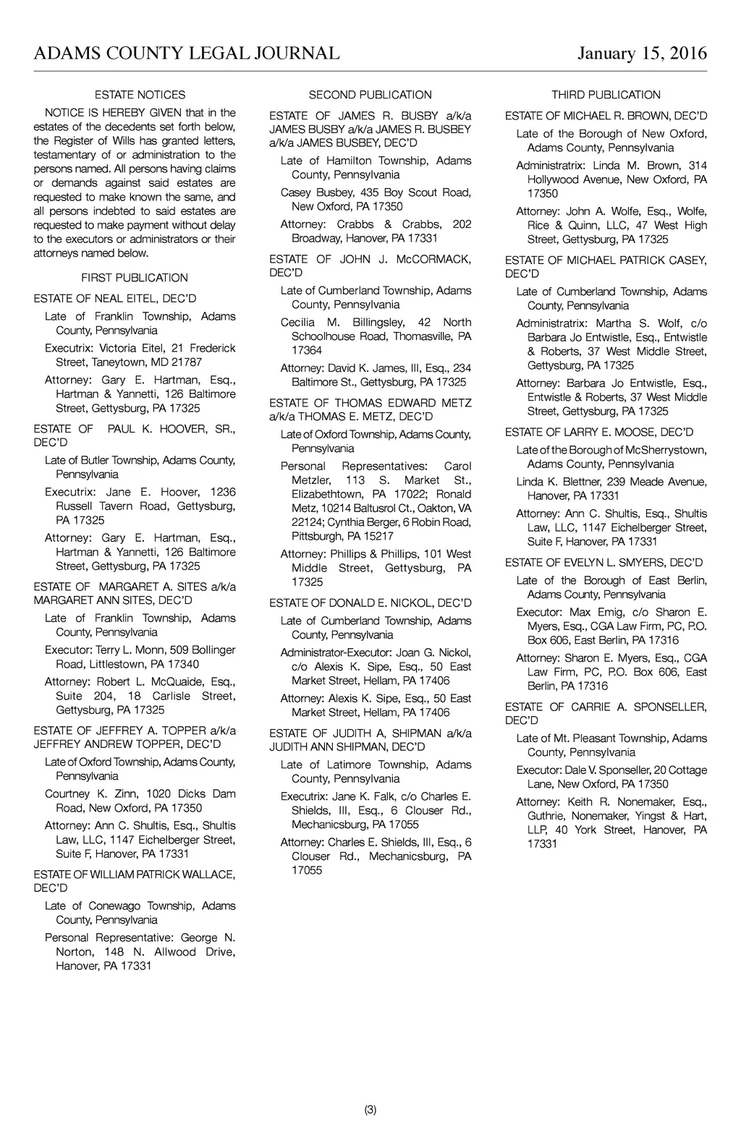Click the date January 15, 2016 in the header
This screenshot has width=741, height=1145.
point(642,54)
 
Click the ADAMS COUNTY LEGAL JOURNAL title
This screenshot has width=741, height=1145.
point(187,54)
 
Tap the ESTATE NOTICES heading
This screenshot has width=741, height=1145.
point(140,95)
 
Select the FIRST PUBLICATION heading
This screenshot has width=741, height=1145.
point(135,278)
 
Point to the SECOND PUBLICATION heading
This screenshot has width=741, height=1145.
point(370,95)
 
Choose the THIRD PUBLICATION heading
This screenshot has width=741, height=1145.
point(606,95)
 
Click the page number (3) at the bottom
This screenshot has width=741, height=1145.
point(370,1110)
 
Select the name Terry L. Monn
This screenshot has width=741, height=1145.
point(127,650)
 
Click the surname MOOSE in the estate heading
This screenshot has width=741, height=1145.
point(634,433)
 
